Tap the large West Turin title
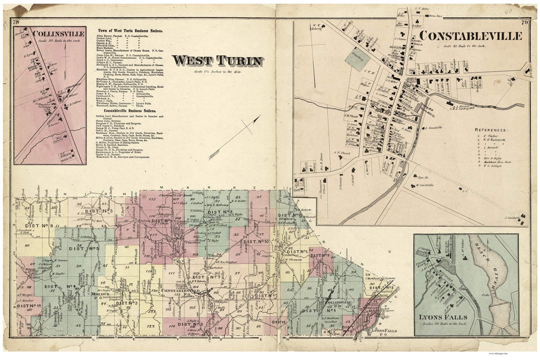[x=217, y=61]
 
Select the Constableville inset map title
[x=470, y=36]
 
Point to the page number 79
[x=524, y=22]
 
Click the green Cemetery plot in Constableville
[x=357, y=59]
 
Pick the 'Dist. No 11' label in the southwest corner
[x=28, y=305]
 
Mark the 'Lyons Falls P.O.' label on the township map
[x=384, y=331]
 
